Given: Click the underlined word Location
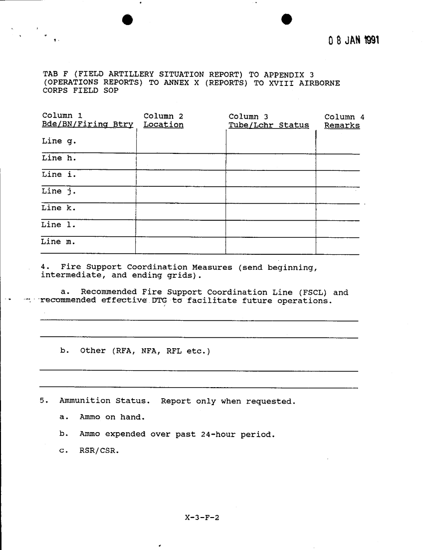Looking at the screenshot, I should tap(163, 125).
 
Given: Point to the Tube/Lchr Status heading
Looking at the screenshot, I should tap(268, 125).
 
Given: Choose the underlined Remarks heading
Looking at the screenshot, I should tap(342, 125).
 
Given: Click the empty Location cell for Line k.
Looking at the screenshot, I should tap(181, 211).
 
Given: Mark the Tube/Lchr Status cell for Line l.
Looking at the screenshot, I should tap(271, 228).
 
